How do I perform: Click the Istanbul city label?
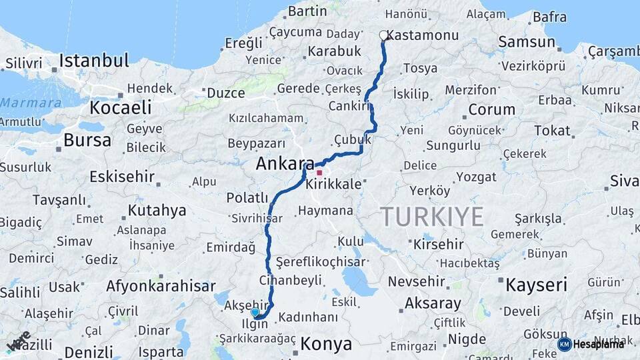click(93, 61)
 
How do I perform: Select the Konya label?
click(326, 344)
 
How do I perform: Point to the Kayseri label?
click(536, 285)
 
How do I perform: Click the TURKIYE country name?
click(431, 217)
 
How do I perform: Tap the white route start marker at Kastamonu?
click(383, 35)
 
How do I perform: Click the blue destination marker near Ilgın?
click(255, 312)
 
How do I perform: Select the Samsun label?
click(527, 42)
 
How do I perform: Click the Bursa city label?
click(87, 140)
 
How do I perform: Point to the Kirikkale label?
click(333, 185)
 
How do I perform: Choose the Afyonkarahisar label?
click(161, 287)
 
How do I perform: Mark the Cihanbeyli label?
click(294, 280)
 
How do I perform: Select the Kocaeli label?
click(121, 108)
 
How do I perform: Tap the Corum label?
click(491, 110)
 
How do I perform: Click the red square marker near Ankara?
click(319, 173)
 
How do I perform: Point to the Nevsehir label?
click(419, 281)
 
